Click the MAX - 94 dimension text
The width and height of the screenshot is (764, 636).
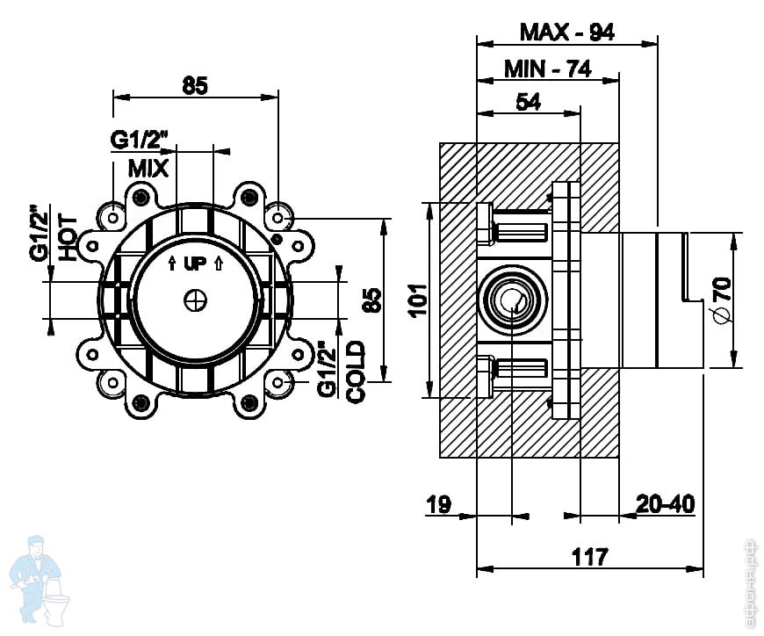click(x=566, y=33)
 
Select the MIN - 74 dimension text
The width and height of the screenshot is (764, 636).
click(x=547, y=69)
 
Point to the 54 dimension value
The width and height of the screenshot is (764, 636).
click(x=528, y=102)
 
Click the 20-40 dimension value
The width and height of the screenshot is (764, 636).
click(x=665, y=504)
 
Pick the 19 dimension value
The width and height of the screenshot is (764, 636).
click(x=438, y=504)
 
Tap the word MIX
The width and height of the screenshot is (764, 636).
click(x=148, y=169)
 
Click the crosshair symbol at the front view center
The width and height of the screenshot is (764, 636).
click(x=194, y=300)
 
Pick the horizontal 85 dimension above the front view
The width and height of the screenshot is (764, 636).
click(x=195, y=85)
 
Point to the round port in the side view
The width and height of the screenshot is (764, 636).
click(x=509, y=300)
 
